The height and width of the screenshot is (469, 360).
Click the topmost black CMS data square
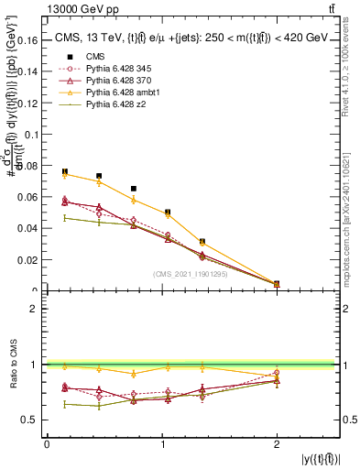coord(65,171)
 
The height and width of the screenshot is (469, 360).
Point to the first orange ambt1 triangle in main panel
coord(65,175)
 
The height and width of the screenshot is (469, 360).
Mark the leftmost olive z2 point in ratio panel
coord(65,404)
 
